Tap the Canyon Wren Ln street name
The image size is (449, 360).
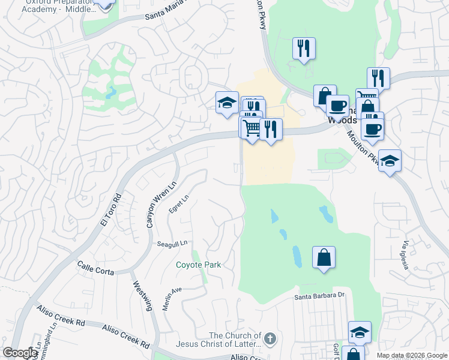click(x=151, y=204)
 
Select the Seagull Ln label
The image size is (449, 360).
click(x=172, y=244)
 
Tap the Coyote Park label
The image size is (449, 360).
click(x=198, y=265)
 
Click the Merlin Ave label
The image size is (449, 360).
click(x=172, y=298)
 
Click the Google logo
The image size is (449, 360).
click(x=20, y=353)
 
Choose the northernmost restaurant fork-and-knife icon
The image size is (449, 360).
click(x=304, y=48)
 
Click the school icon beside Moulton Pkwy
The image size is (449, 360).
click(x=390, y=161)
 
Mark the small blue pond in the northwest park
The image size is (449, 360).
click(x=109, y=94)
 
